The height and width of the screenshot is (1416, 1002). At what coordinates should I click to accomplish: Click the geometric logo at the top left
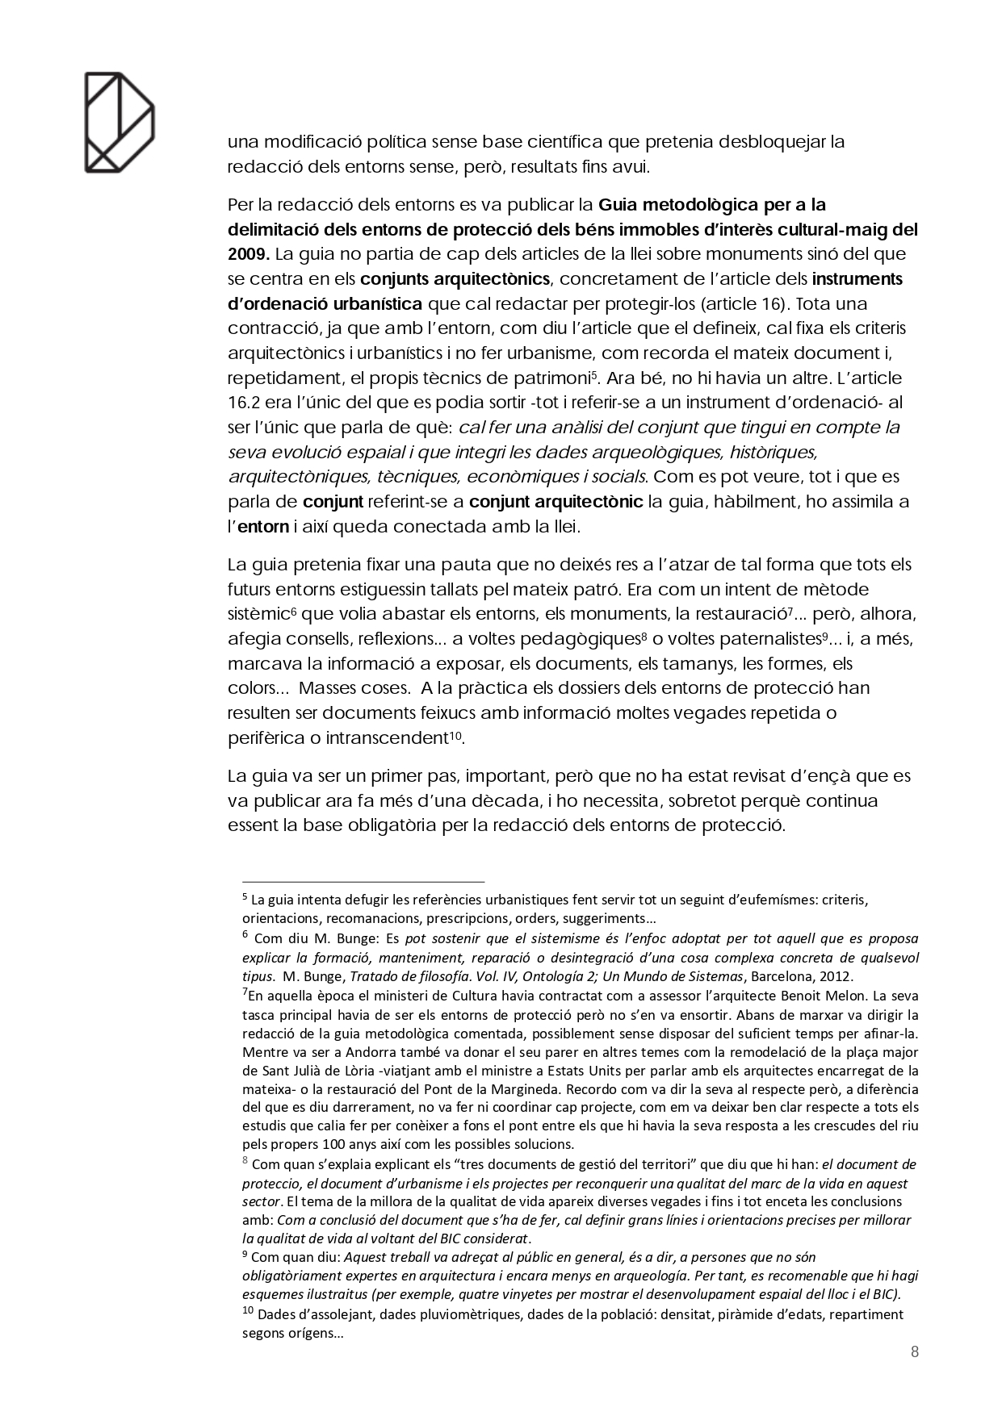pyautogui.click(x=119, y=123)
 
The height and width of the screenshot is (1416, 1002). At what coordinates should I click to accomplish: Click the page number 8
pyautogui.click(x=914, y=1353)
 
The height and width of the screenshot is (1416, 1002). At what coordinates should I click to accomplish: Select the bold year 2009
pyautogui.click(x=247, y=254)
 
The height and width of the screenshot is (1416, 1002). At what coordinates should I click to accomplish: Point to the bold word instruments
pyautogui.click(x=857, y=279)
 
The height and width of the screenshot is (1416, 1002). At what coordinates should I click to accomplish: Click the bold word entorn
pyautogui.click(x=262, y=527)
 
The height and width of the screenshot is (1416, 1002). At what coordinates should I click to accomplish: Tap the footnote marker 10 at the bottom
pyautogui.click(x=248, y=1312)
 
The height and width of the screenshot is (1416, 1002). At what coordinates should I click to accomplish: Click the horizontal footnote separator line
pyautogui.click(x=363, y=882)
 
